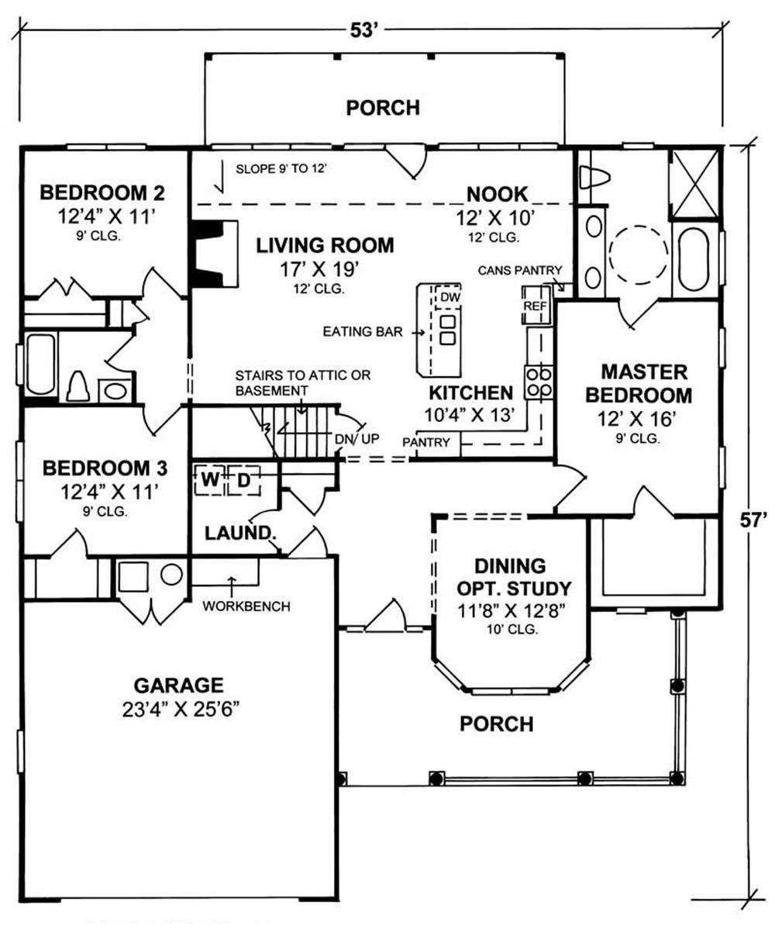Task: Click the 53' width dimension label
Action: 364,31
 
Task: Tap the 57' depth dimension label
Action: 753,520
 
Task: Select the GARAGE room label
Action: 178,686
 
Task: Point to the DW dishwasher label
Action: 450,297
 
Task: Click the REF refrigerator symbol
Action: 536,306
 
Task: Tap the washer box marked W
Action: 209,480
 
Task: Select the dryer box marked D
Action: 244,480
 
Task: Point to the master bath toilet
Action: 594,178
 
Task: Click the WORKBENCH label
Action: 246,606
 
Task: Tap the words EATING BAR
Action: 363,332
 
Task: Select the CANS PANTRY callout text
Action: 520,270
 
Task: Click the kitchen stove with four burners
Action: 539,382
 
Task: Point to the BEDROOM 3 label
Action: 105,468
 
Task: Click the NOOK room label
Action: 498,194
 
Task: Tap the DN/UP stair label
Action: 357,439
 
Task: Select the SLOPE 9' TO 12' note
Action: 281,169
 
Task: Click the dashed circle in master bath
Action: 639,254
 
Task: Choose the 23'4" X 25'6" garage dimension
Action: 178,710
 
